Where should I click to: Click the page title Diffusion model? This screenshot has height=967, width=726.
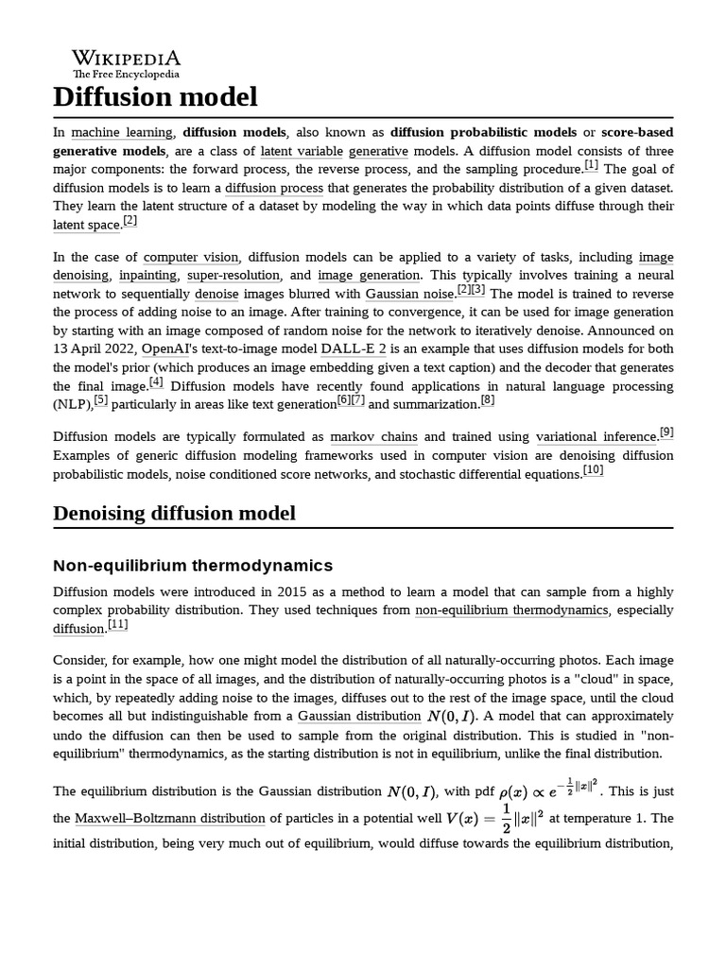(155, 96)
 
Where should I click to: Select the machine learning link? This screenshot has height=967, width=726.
(122, 133)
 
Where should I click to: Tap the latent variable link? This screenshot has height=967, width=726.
(302, 151)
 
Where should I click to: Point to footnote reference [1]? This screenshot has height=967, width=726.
(591, 166)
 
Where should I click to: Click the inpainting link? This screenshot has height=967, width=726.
(147, 276)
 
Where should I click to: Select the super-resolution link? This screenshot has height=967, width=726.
(233, 276)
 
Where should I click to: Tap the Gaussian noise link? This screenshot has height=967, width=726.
(409, 295)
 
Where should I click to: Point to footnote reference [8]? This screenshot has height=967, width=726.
(488, 401)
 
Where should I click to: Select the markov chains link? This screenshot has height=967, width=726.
(372, 437)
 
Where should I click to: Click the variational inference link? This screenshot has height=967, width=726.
(596, 437)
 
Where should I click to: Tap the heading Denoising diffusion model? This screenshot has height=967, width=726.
(174, 513)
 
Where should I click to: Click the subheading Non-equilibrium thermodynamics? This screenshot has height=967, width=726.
(193, 566)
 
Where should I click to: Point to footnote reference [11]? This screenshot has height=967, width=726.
(118, 625)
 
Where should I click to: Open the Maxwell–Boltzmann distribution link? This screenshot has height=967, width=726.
(170, 819)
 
